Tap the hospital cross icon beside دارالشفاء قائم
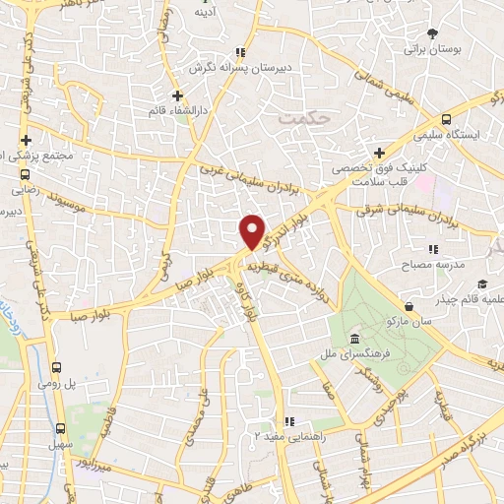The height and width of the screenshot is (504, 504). [x=177, y=95]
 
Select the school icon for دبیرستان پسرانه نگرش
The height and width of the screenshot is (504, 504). [x=238, y=53]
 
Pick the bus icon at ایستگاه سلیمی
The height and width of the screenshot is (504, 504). [x=448, y=116]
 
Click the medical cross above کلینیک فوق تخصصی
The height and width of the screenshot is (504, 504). [x=379, y=152]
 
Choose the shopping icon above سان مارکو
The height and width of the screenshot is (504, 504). [x=409, y=306]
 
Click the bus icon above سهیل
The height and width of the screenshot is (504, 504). [x=61, y=428]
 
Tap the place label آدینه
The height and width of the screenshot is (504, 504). [x=206, y=13]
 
